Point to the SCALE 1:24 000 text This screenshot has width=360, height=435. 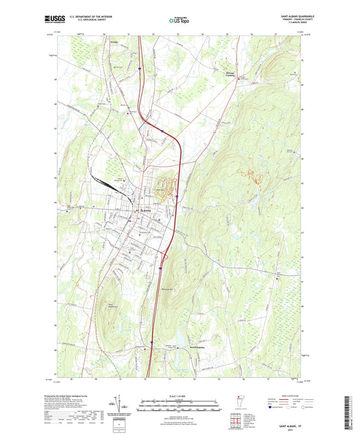click(180, 395)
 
